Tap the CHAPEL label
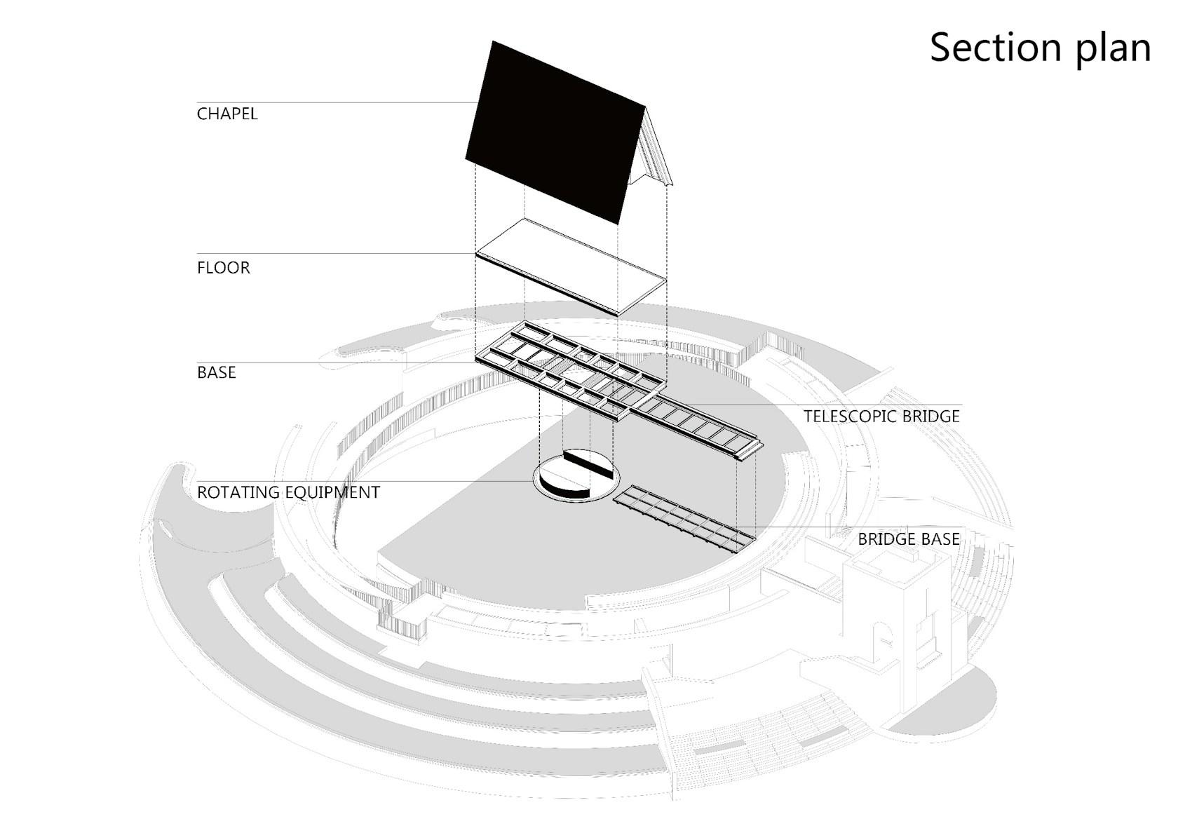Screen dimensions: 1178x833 coord(227,114)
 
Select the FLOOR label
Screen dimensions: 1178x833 coord(224,268)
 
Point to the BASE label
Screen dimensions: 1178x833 coord(216,372)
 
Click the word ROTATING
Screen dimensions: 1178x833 coord(238,492)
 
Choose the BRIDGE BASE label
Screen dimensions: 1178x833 coord(909,539)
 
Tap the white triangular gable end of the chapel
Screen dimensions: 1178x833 coord(651,155)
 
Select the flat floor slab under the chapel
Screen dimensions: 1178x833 coord(571,266)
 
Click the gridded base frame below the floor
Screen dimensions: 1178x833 coord(568,371)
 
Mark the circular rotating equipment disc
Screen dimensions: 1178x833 coord(576,477)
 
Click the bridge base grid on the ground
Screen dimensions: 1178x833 coord(684,518)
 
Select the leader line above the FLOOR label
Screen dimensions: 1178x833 coord(337,254)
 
